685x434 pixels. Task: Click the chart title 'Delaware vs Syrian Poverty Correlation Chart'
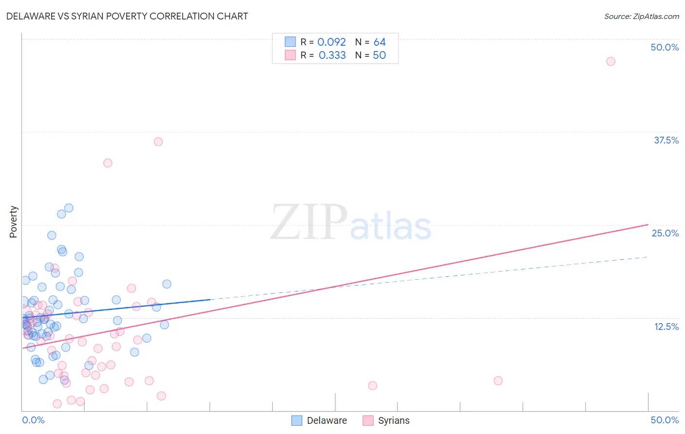coord(127,16)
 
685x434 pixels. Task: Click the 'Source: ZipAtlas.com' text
coord(641,17)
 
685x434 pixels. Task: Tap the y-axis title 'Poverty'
coord(13,221)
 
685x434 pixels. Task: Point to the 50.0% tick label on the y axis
coord(665,47)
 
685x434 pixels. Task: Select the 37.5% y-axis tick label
coord(666,140)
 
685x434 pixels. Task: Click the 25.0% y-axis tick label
coord(665,233)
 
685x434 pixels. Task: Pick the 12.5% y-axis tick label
coord(666,326)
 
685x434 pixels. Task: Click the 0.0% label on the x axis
coord(33,420)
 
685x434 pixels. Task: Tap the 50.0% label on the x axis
coord(665,420)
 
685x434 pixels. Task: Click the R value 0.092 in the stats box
coord(331,42)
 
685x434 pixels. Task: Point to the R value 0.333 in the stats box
coord(332,55)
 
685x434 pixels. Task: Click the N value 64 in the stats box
coord(380,42)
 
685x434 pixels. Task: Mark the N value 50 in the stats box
coord(379,55)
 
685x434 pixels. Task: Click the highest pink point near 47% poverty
coord(610,61)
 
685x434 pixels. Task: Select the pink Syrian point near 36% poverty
coord(158,142)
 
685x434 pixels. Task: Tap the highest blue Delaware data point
coord(69,208)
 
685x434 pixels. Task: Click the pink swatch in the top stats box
coord(290,55)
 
